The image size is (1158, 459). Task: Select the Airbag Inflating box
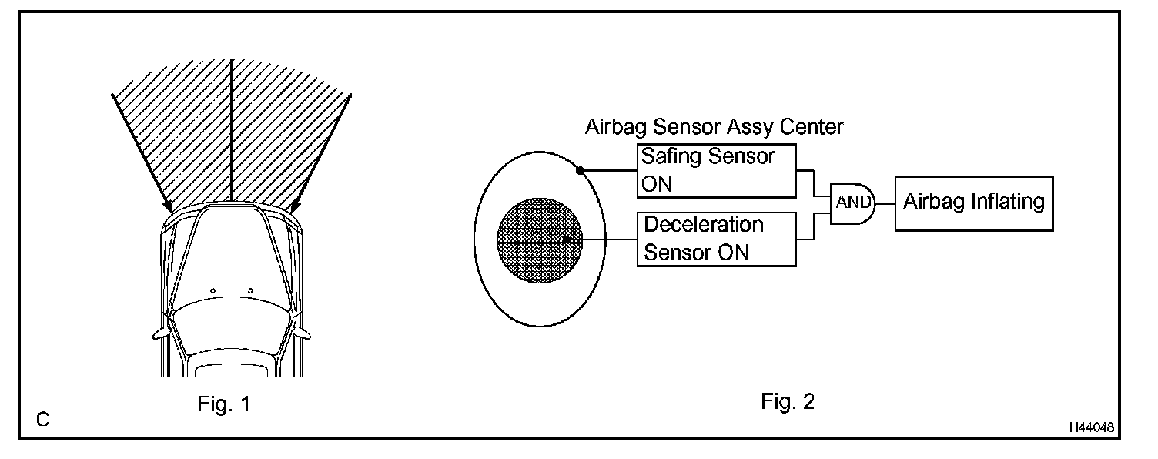tap(973, 203)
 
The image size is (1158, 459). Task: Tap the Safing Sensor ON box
tap(716, 169)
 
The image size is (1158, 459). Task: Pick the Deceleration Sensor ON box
tap(716, 239)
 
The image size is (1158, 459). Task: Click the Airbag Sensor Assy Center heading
tap(715, 126)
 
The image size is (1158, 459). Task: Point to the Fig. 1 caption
tap(223, 404)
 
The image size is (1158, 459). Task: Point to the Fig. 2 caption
tap(788, 401)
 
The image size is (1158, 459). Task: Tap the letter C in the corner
tap(43, 420)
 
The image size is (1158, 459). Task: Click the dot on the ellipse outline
tap(579, 169)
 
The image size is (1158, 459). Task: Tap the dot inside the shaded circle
tap(567, 239)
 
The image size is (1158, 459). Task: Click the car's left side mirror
tap(161, 333)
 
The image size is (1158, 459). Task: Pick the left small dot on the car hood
tap(213, 290)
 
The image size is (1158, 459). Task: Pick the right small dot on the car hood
tap(251, 290)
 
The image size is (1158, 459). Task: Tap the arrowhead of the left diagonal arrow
tap(169, 208)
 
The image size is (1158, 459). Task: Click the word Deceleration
tap(703, 225)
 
